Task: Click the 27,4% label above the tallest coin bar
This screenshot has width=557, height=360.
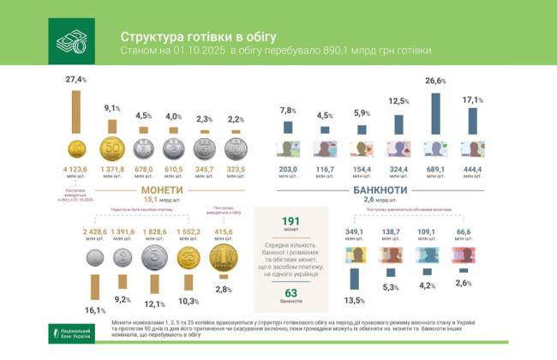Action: click(x=76, y=80)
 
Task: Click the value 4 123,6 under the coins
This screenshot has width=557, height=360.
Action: click(x=75, y=171)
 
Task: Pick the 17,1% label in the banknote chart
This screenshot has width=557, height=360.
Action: click(x=472, y=100)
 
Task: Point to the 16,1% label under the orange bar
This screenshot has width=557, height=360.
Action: click(x=93, y=309)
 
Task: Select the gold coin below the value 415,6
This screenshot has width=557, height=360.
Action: click(x=223, y=257)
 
